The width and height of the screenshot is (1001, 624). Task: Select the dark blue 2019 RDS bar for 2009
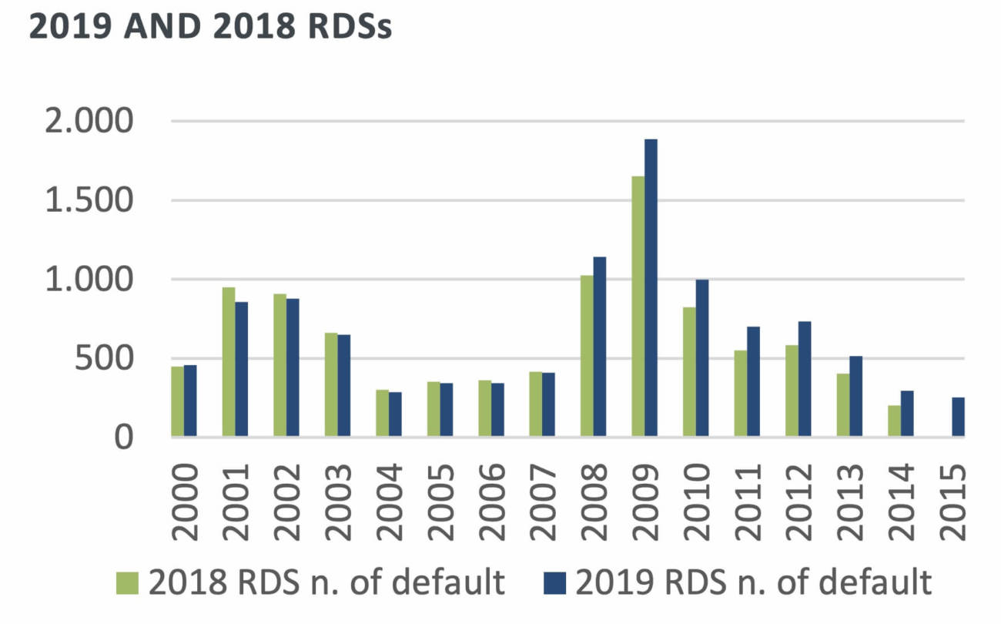pyautogui.click(x=651, y=289)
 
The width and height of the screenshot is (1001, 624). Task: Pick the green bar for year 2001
pyautogui.click(x=229, y=362)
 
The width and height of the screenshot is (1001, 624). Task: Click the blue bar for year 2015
pyautogui.click(x=958, y=418)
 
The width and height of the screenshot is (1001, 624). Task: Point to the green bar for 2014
pyautogui.click(x=894, y=421)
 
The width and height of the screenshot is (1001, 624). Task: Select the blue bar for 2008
pyautogui.click(x=600, y=347)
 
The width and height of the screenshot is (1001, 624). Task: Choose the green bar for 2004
pyautogui.click(x=382, y=414)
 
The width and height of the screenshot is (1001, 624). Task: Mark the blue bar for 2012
pyautogui.click(x=805, y=379)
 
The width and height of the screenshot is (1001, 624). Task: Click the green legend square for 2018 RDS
pyautogui.click(x=128, y=583)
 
